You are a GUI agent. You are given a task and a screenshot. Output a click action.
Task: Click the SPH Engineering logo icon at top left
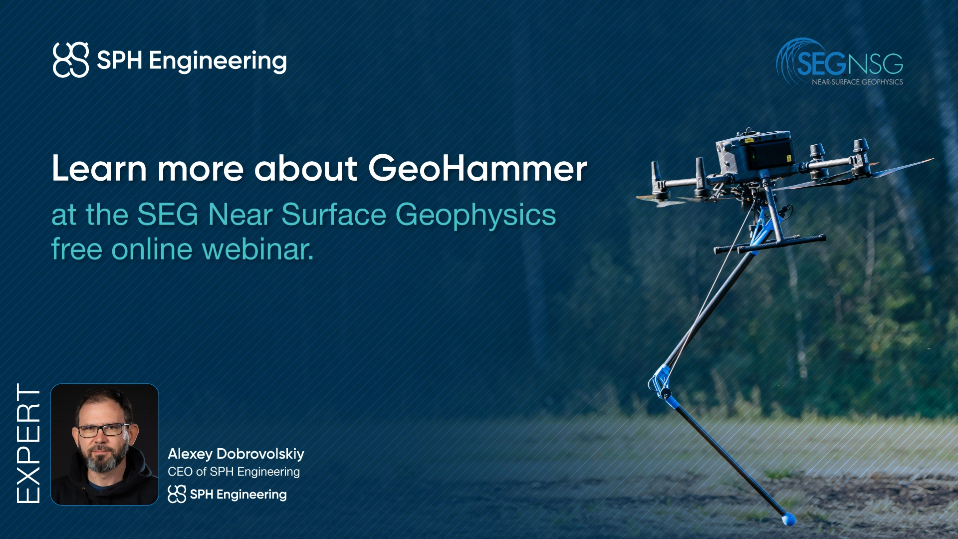pos(71,60)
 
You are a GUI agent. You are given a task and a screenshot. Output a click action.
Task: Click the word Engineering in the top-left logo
pos(218,61)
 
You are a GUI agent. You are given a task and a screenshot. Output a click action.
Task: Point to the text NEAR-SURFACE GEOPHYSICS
pos(857,82)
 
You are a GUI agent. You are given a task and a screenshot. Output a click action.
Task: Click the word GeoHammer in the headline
pos(477,168)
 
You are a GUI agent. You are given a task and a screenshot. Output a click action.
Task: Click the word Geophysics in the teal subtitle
pos(475,215)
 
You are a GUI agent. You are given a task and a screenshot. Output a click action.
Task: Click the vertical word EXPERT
pos(28,444)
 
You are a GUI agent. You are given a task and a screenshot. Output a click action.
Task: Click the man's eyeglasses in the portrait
pos(103,430)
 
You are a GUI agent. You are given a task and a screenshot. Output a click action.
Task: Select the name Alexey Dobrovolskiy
pos(236,454)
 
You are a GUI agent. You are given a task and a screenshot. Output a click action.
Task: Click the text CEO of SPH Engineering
pos(234,472)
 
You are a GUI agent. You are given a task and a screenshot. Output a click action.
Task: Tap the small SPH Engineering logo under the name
pos(227,494)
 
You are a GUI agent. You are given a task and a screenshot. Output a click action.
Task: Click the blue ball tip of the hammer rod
pos(788,520)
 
